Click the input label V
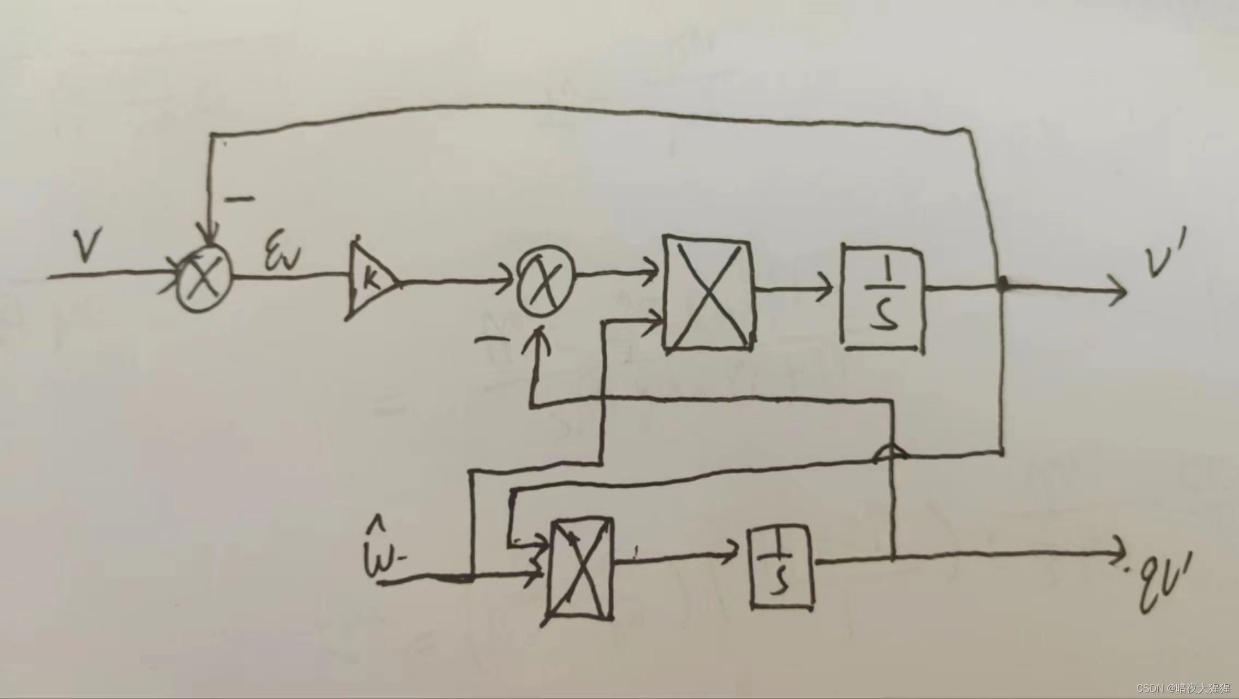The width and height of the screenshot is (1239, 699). tap(88, 246)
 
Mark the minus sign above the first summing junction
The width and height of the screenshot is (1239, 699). tap(240, 198)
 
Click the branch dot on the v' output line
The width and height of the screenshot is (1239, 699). tap(1003, 283)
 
